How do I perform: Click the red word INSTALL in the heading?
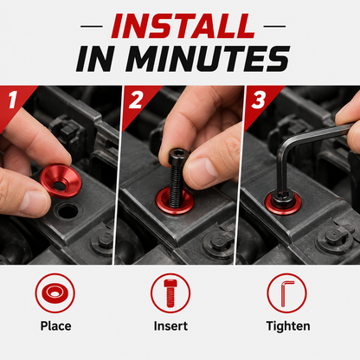[183, 26]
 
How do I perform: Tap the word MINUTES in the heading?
[208, 59]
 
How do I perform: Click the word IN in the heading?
[94, 59]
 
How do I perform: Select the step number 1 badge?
[13, 100]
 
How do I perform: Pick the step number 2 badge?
[136, 100]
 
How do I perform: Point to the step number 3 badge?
[258, 100]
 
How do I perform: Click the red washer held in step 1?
[61, 181]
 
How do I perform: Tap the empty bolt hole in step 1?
[67, 211]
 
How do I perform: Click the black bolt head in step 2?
[179, 156]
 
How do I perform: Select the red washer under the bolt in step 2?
[175, 201]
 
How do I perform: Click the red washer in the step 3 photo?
[283, 204]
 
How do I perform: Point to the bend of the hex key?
[284, 148]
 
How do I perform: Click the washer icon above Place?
[55, 293]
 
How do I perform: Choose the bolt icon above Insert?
[170, 293]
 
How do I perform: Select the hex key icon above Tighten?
[286, 293]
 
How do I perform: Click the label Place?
[55, 326]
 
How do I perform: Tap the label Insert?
[170, 326]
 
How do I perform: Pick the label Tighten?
[288, 326]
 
